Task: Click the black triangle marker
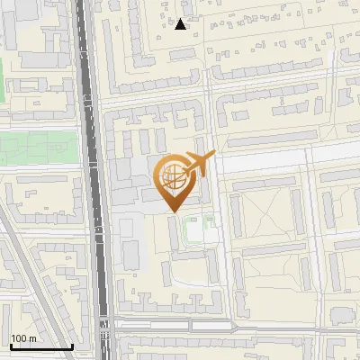181,24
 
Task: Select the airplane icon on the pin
198,164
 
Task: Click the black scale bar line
40,346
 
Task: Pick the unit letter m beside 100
31,338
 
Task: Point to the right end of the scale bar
72,345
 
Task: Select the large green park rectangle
40,148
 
